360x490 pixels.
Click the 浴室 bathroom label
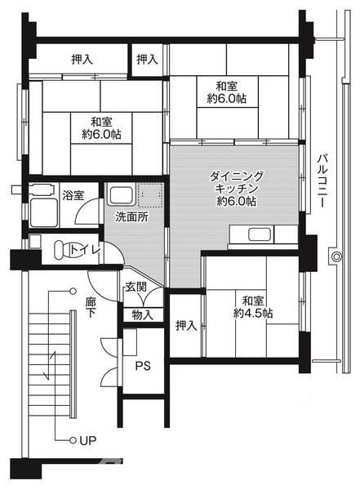[73, 195]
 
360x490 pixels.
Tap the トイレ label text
[85, 250]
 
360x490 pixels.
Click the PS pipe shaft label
[142, 365]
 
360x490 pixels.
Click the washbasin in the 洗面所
[120, 196]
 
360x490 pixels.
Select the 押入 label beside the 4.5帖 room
[186, 326]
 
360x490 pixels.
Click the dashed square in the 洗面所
[150, 196]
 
